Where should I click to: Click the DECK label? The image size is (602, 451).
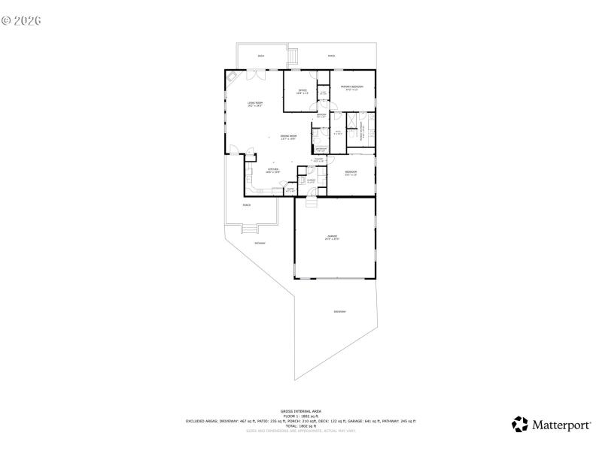pyautogui.click(x=261, y=56)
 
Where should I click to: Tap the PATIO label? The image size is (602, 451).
pyautogui.click(x=331, y=56)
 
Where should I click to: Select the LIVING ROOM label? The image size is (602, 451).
pyautogui.click(x=255, y=104)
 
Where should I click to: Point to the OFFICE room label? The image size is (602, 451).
pyautogui.click(x=302, y=92)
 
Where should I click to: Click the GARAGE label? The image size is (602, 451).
pyautogui.click(x=332, y=238)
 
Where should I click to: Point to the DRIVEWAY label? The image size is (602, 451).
pyautogui.click(x=339, y=311)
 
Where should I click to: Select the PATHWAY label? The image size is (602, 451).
pyautogui.click(x=260, y=243)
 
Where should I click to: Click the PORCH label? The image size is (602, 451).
pyautogui.click(x=246, y=205)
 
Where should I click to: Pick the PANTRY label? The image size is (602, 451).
pyautogui.click(x=290, y=189)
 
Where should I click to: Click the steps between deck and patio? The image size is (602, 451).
pyautogui.click(x=293, y=54)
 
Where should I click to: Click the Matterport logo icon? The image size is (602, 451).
pyautogui.click(x=519, y=425)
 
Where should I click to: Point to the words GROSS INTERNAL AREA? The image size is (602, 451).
pyautogui.click(x=301, y=411)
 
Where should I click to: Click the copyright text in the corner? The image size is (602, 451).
pyautogui.click(x=21, y=20)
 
